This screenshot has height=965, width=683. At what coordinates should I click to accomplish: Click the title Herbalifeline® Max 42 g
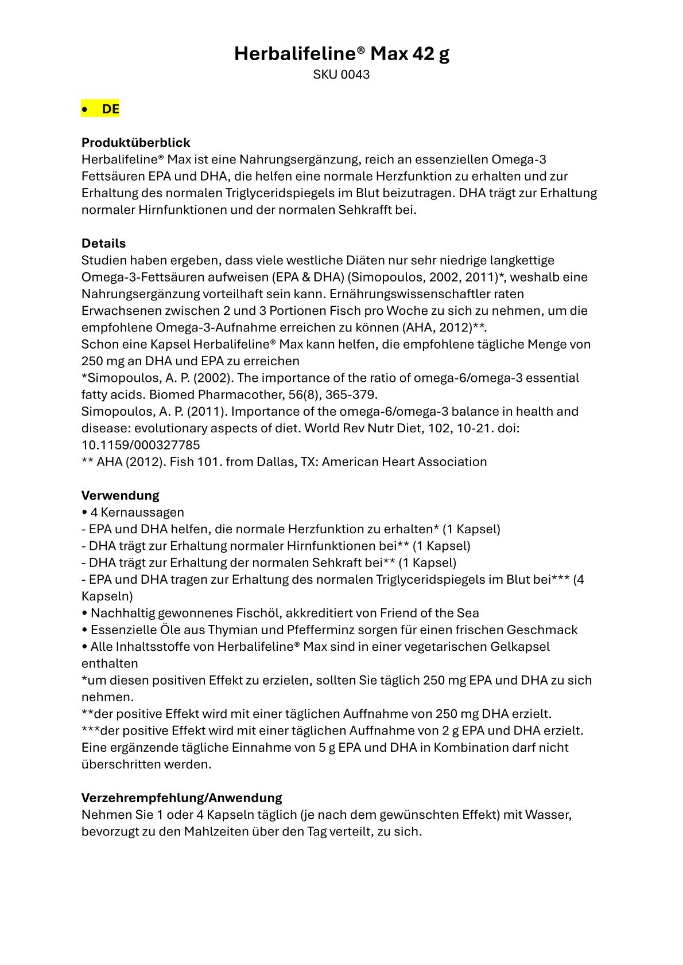(341, 54)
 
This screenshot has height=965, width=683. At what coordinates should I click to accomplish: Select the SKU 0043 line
(341, 75)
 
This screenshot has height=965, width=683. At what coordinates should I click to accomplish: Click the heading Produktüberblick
(135, 142)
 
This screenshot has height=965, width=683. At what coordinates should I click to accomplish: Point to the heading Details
(103, 243)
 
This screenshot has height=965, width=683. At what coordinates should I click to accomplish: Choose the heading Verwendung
(120, 495)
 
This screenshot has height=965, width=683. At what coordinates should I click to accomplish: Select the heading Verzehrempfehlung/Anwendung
(181, 798)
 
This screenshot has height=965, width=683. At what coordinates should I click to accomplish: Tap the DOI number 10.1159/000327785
(141, 445)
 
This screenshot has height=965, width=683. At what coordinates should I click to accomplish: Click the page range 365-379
(354, 394)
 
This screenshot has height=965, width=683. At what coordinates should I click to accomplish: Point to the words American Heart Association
(404, 462)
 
